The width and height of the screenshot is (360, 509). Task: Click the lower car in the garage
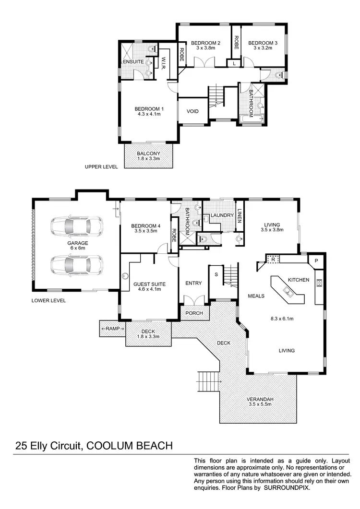(76, 264)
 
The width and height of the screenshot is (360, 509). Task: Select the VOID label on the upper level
(192, 112)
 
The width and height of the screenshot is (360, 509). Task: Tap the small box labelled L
(234, 63)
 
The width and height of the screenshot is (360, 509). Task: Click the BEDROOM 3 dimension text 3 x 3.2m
(260, 48)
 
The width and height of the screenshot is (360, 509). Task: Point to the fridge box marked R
(273, 259)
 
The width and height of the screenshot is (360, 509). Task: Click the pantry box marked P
(316, 260)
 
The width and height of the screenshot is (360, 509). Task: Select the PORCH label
(194, 313)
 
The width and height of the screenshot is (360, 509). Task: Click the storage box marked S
(216, 274)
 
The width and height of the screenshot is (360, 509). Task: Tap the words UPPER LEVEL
(100, 167)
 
